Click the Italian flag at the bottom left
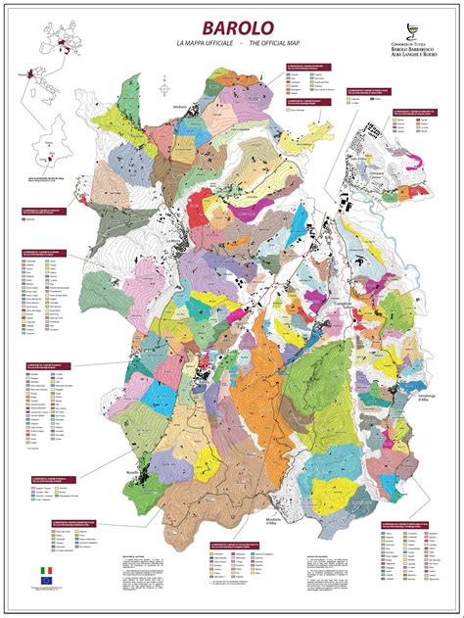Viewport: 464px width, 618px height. coord(44,569)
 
